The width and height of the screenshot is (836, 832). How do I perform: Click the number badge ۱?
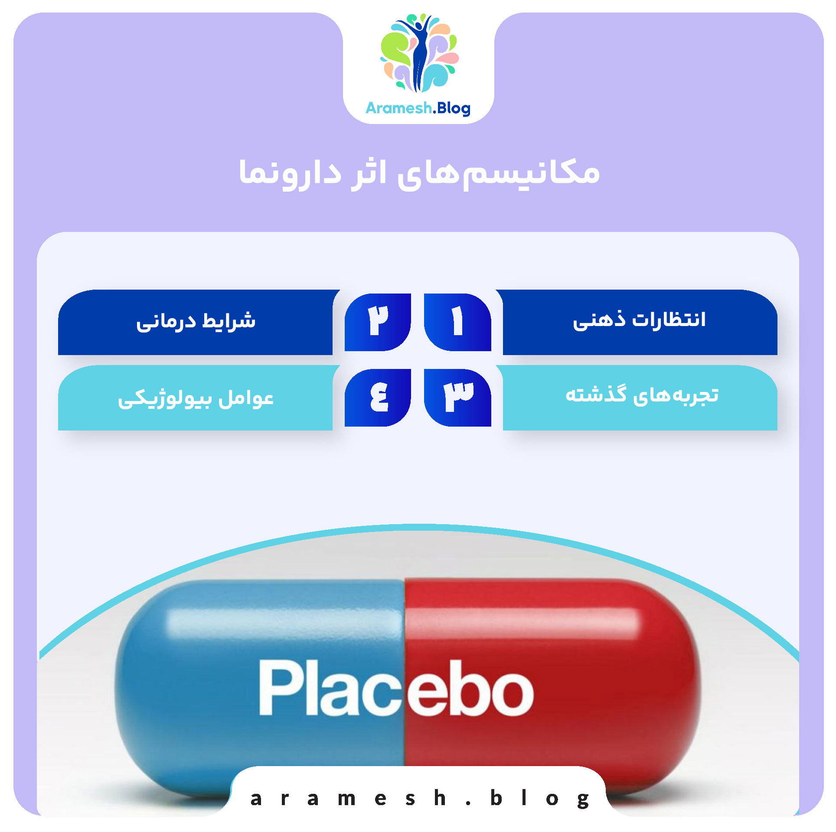pyautogui.click(x=457, y=322)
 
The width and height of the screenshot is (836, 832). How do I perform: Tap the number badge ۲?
pyautogui.click(x=378, y=322)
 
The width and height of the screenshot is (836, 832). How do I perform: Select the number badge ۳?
pyautogui.click(x=457, y=397)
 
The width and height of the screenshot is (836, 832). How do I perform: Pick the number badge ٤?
pyautogui.click(x=378, y=397)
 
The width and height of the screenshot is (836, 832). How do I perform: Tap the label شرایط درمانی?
pyautogui.click(x=196, y=322)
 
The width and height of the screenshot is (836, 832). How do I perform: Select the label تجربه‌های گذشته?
pyautogui.click(x=642, y=395)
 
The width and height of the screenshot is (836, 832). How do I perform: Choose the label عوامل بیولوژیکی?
pyautogui.click(x=196, y=398)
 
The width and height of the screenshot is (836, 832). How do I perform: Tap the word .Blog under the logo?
pyautogui.click(x=452, y=108)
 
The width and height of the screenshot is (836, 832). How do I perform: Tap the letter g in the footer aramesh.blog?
pyautogui.click(x=583, y=799)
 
